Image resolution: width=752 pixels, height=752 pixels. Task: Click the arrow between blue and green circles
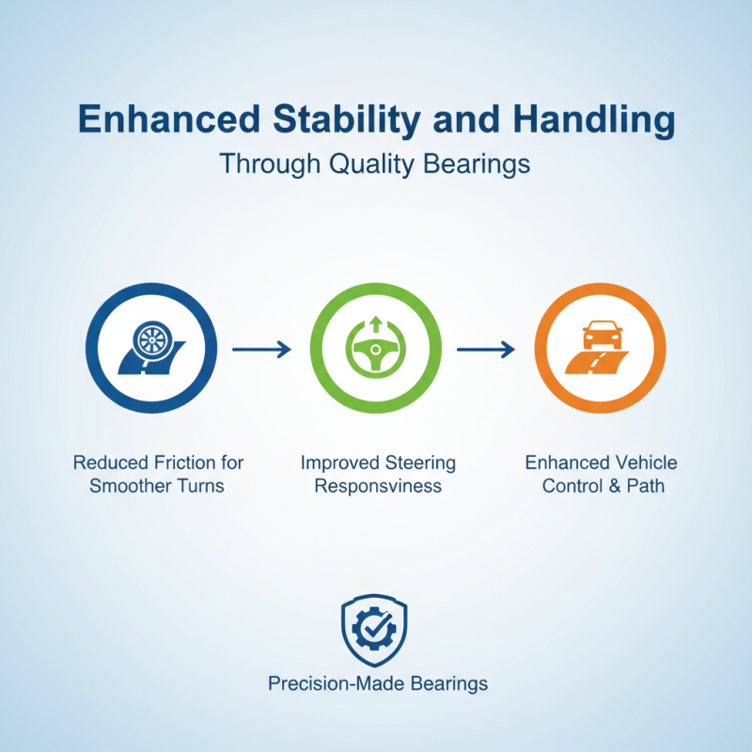(261, 350)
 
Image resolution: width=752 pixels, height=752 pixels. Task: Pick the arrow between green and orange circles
(486, 350)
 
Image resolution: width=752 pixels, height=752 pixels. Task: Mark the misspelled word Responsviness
(376, 487)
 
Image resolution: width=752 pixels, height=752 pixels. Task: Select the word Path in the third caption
(645, 487)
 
